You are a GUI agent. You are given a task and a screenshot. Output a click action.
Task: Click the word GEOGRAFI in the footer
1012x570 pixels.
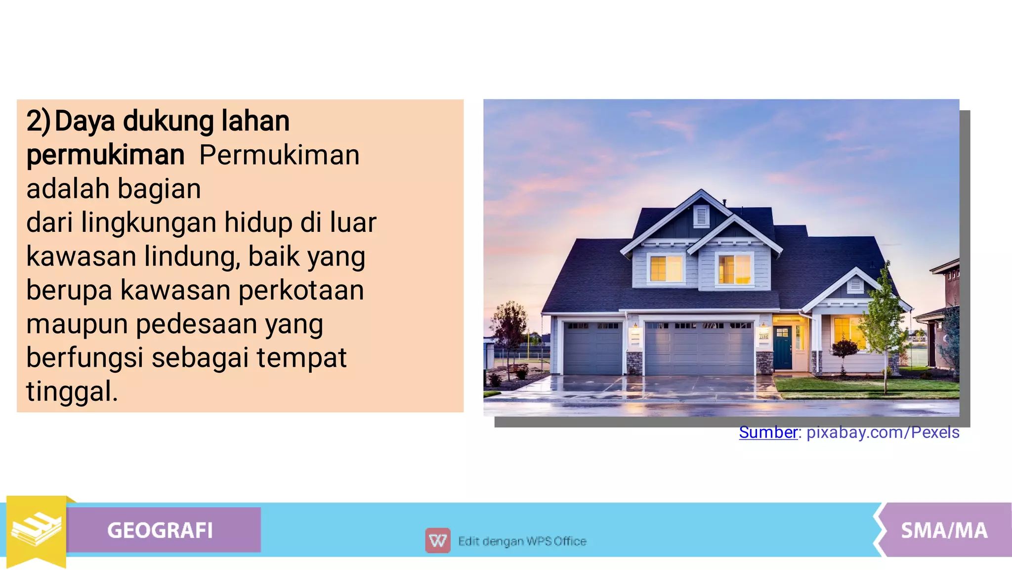pos(160,530)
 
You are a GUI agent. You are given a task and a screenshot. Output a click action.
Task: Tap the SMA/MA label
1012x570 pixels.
pos(944,530)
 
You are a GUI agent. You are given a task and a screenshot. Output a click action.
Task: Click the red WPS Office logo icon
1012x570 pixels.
pos(437,541)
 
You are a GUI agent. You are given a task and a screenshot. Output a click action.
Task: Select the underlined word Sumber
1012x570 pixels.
pos(768,433)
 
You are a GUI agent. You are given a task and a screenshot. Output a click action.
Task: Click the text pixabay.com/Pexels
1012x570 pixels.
pos(883,433)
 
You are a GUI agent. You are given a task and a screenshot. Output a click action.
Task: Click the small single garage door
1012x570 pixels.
pos(592,349)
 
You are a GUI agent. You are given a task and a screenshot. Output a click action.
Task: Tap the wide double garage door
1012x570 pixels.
pos(699,349)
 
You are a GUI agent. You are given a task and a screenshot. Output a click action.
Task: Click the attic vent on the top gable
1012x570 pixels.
pos(701,216)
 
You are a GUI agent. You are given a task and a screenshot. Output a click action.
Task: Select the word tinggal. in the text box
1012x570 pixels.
pos(72,392)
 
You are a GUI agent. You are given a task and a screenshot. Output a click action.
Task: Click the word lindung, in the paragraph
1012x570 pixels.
pos(192,257)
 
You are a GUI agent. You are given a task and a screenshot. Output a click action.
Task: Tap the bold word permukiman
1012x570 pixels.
pos(105,155)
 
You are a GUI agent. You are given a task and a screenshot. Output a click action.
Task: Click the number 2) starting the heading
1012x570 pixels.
pos(38,122)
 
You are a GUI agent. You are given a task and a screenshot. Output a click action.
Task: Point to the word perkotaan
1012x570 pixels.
pos(301,290)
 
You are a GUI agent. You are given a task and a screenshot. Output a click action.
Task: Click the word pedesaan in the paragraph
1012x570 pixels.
pos(196,324)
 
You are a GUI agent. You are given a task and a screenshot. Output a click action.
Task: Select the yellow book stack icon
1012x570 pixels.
pos(36,529)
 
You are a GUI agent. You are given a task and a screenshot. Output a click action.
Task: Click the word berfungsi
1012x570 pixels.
pos(84,358)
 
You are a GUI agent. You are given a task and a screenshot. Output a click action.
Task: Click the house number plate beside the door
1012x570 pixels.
pos(764,337)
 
